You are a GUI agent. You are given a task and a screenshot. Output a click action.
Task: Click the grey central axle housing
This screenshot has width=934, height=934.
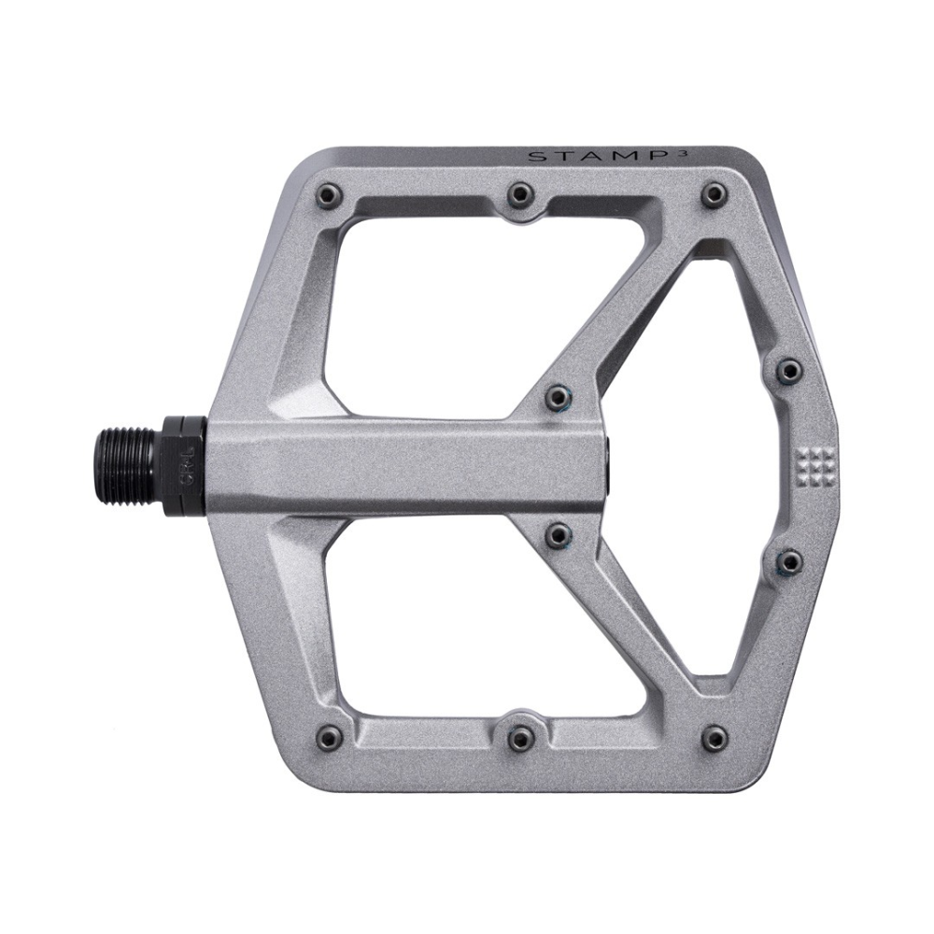pos(402,463)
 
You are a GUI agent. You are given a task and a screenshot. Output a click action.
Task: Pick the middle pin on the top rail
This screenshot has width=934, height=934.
pos(520,194)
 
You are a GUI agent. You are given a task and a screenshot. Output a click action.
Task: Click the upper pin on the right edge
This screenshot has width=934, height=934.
pos(790,368)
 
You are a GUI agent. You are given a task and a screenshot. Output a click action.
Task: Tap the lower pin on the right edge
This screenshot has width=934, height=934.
pos(790,560)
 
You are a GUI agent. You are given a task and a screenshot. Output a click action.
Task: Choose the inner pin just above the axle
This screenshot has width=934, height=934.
pos(559,396)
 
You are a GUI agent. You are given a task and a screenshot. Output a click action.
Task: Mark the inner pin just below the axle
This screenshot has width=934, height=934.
pos(559,534)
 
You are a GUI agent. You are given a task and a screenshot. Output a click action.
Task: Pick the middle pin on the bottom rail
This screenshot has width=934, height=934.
pos(520,738)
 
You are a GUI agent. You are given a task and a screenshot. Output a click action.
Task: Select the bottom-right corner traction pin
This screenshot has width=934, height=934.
pos(714,735)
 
